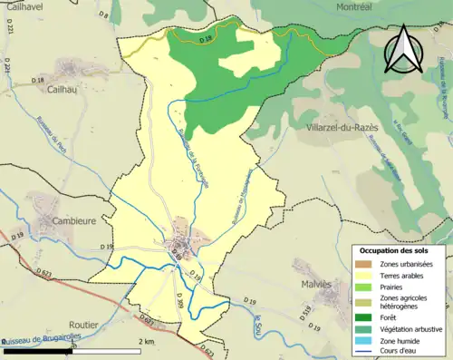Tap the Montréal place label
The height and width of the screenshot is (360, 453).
tap(305, 6)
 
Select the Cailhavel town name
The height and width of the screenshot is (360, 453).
tap(25, 7)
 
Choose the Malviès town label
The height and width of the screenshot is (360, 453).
tap(318, 284)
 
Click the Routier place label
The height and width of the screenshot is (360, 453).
tap(83, 323)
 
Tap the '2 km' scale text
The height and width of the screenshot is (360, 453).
tap(149, 341)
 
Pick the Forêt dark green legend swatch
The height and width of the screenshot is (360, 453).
tap(363, 316)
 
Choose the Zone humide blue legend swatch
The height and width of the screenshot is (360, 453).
tap(363, 342)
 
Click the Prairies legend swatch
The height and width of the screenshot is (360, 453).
tap(363, 287)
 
